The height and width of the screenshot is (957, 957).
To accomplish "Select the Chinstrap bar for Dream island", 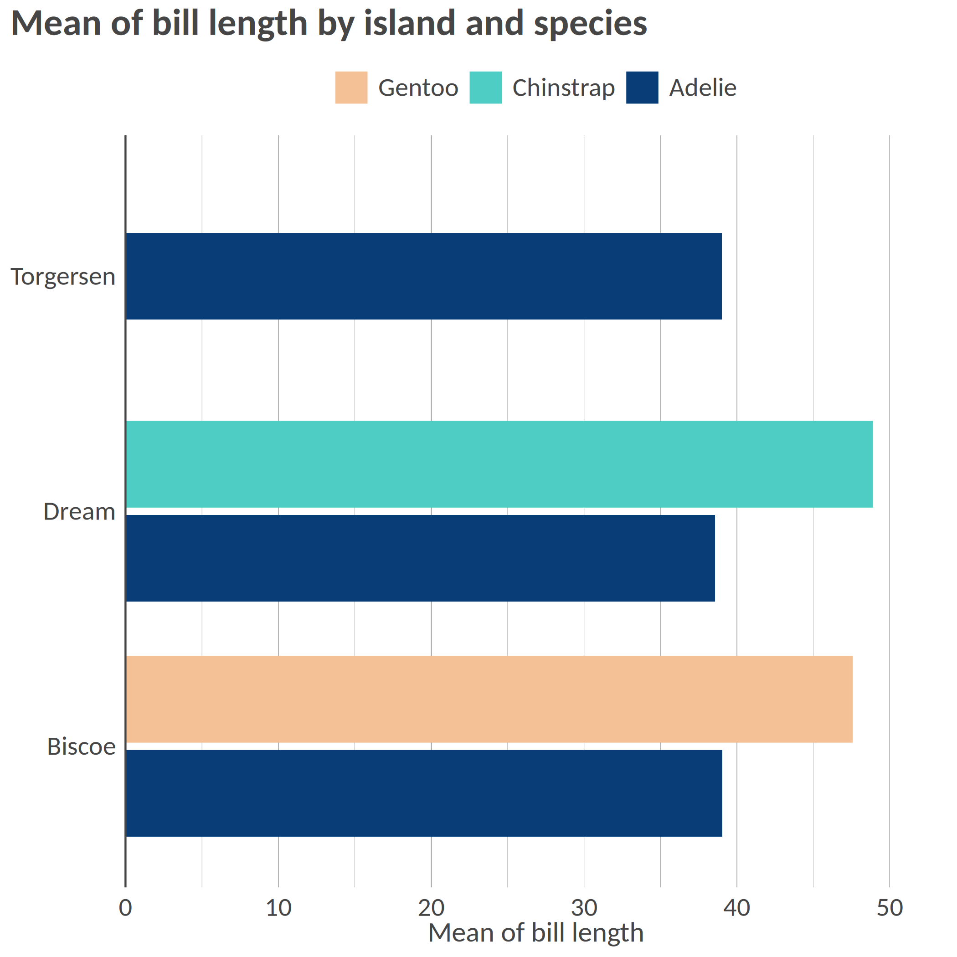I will (x=499, y=464).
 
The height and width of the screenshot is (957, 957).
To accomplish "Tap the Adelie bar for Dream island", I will (x=420, y=558).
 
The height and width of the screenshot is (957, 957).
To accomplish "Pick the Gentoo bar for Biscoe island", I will (x=489, y=700).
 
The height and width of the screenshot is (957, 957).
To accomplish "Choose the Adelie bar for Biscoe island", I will (x=423, y=793).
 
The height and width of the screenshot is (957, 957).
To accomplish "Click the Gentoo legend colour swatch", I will (x=351, y=87).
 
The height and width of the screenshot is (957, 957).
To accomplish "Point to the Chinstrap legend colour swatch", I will (x=485, y=87).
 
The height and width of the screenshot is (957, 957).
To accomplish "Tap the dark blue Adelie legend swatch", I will (x=642, y=87).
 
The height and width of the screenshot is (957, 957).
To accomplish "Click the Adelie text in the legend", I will (x=702, y=88).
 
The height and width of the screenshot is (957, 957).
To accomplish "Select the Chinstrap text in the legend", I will (x=563, y=88).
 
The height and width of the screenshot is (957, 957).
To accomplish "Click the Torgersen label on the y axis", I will (x=63, y=277).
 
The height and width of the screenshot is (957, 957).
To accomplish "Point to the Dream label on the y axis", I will (x=79, y=511).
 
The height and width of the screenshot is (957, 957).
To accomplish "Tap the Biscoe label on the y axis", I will (x=81, y=746).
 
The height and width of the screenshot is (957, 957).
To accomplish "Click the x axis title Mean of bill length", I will (x=535, y=933).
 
